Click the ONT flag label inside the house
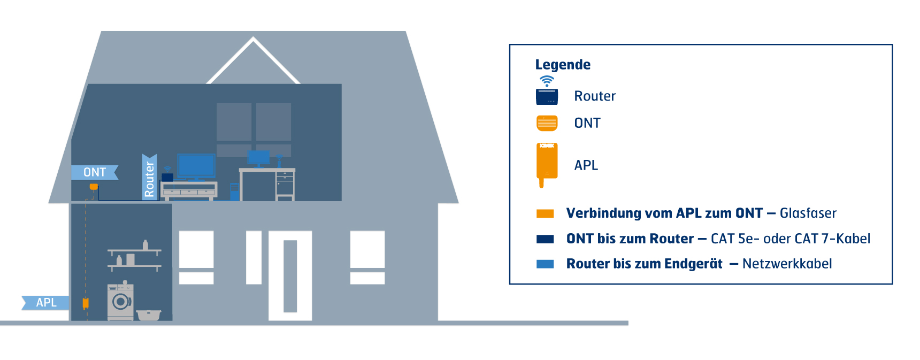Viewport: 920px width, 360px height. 95,172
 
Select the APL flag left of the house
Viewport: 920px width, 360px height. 46,303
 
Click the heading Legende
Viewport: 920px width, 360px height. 563,65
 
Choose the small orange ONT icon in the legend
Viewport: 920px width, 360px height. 547,123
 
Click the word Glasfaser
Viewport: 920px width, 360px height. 808,213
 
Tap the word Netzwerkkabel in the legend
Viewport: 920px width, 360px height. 787,264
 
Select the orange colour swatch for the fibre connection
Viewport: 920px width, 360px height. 545,213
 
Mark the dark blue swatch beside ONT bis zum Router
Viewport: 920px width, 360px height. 545,239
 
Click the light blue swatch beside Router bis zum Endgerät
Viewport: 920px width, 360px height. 545,264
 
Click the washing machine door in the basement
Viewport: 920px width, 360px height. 121,302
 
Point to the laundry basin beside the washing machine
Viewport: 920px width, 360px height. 149,315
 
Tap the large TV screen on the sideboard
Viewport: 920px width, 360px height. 196,165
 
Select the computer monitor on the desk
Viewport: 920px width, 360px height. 259,156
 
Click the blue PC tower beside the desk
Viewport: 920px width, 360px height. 234,192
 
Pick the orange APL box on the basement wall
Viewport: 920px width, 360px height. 86,303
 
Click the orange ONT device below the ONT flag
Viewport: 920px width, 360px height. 94,187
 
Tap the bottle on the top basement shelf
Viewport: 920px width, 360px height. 145,244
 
